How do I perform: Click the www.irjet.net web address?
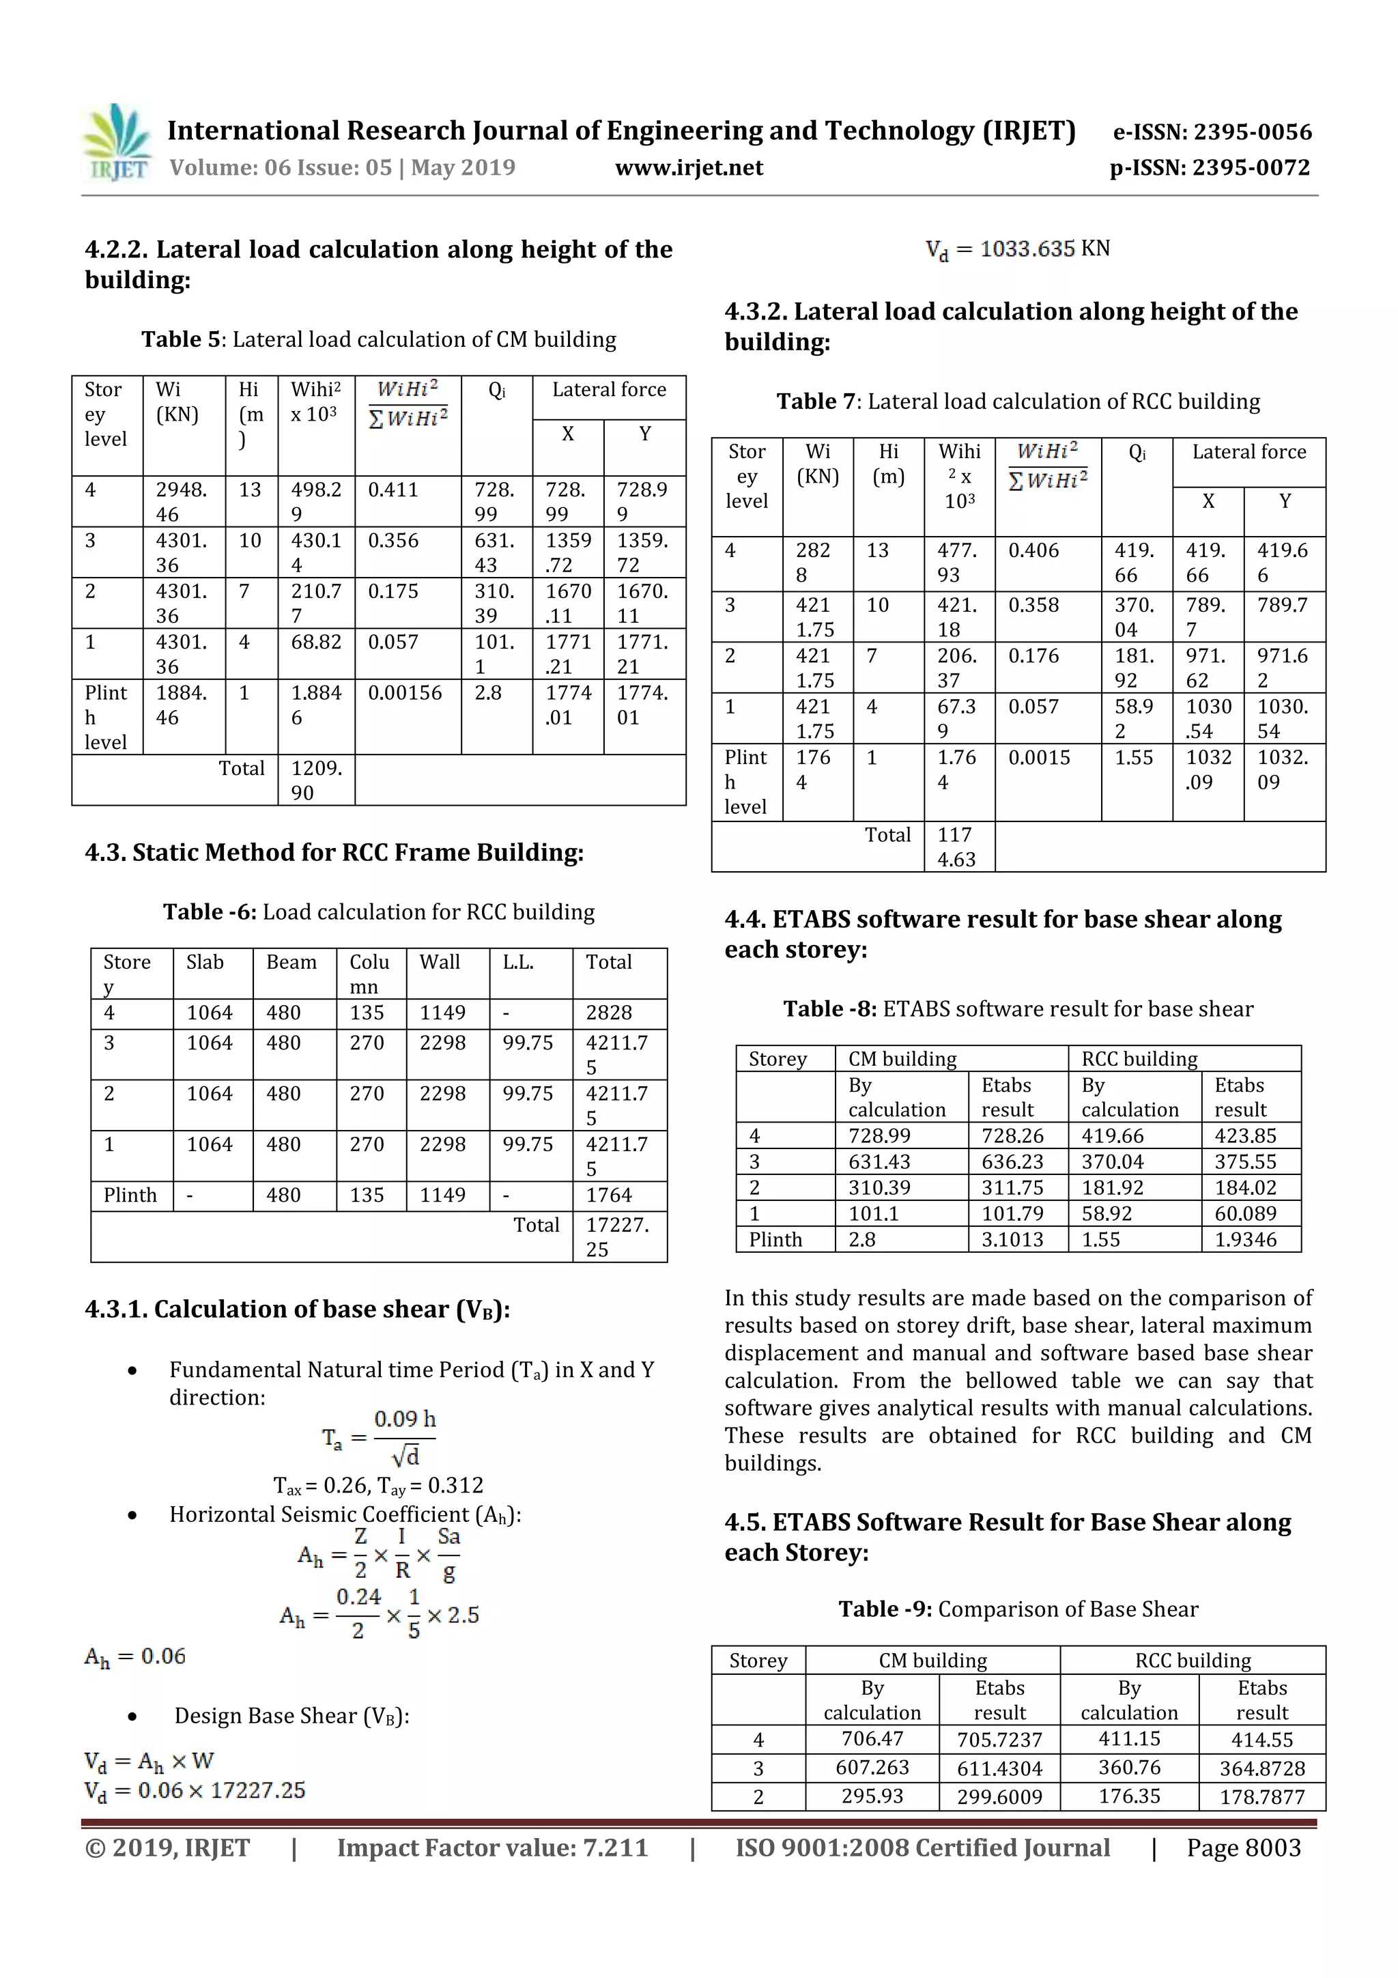(x=688, y=168)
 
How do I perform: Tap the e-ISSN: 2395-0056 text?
(x=1212, y=132)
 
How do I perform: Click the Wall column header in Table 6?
(x=440, y=962)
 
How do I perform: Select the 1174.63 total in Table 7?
(x=956, y=847)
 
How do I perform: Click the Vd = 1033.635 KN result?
(x=1017, y=250)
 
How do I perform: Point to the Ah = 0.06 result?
(x=135, y=1656)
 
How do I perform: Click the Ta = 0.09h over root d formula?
(x=379, y=1438)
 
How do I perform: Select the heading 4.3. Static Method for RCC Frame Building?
(x=334, y=853)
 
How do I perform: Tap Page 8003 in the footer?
(x=1243, y=1848)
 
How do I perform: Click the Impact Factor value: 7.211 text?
(x=492, y=1848)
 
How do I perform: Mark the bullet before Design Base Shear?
(x=132, y=1717)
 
